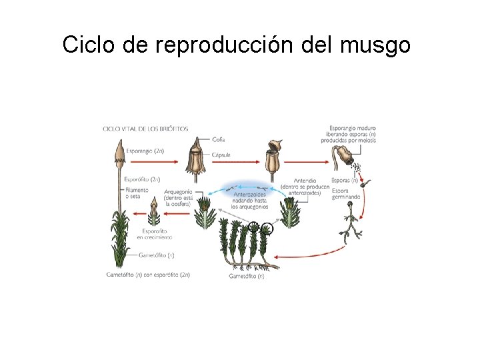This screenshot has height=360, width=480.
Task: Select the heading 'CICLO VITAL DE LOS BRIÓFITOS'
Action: (145, 129)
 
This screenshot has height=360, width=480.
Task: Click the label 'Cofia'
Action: (218, 139)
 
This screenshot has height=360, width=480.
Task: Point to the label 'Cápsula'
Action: (221, 155)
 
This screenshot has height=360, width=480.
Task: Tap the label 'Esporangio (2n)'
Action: (145, 151)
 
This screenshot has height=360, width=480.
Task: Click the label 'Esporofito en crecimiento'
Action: (154, 233)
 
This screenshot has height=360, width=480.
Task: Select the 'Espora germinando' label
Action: (346, 193)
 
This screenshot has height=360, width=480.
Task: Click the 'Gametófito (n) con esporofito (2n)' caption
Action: (148, 274)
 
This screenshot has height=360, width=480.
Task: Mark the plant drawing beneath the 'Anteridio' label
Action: (291, 212)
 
